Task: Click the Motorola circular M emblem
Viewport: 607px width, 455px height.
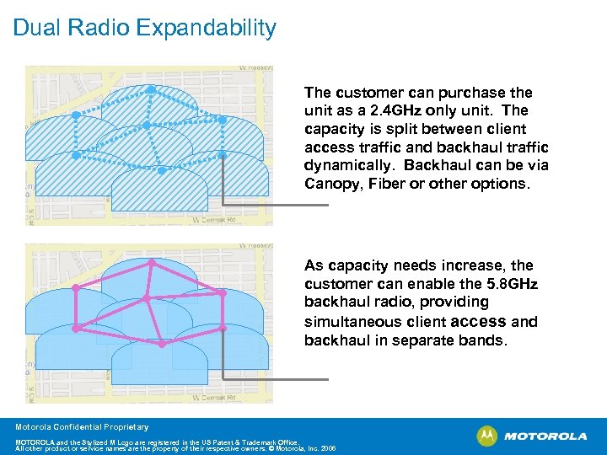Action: point(487,436)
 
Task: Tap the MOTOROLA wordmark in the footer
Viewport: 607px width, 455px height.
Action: point(545,436)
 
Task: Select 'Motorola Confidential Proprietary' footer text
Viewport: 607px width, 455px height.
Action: point(82,427)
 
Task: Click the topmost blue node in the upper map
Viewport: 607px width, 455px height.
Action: point(151,88)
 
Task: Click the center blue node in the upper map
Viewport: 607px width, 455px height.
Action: point(146,126)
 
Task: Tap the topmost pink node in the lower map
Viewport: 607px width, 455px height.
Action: point(152,262)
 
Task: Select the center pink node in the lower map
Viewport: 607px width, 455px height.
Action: point(146,298)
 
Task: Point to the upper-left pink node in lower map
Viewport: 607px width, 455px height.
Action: point(75,288)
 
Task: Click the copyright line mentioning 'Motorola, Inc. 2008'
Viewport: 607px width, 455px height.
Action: point(175,448)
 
